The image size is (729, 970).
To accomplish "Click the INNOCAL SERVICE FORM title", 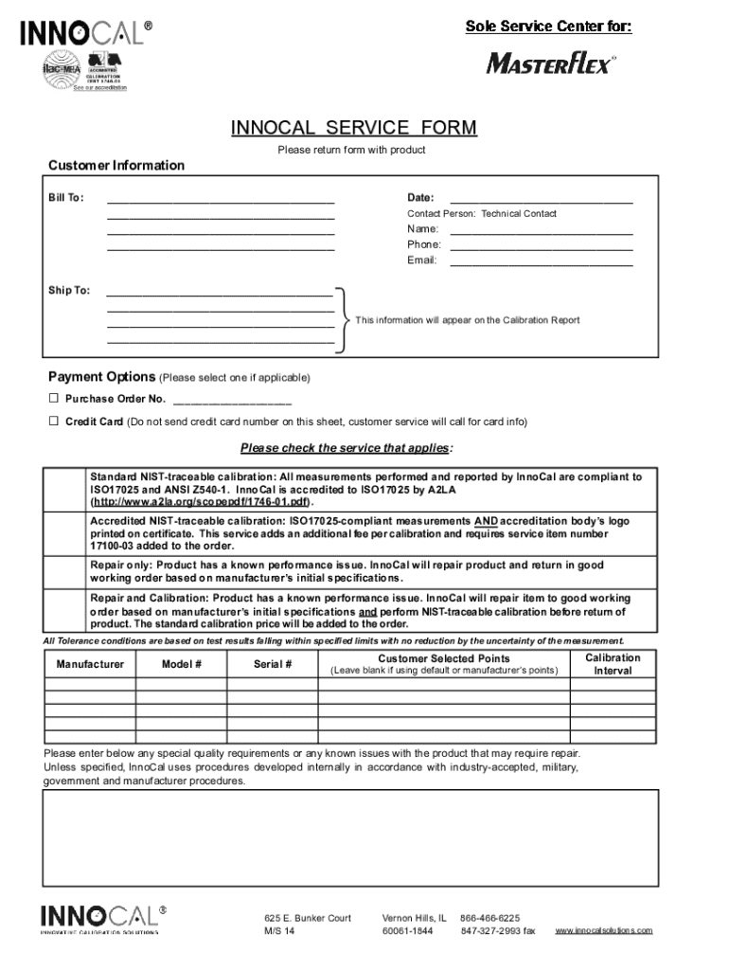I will point(354,128).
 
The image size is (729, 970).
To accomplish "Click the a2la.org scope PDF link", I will point(200,502).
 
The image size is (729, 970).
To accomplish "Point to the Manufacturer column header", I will point(90,665).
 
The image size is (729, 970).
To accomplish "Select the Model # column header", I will point(182,665).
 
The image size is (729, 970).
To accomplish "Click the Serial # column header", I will point(273,665).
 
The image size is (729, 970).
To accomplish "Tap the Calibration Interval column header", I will point(613,664).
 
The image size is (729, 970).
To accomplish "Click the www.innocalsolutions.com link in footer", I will point(604,931).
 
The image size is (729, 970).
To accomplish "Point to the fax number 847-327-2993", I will point(498,931).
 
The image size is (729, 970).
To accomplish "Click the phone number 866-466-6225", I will point(489,918).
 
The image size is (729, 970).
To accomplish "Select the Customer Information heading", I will point(116,166).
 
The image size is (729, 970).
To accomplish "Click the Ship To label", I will point(69,290).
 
